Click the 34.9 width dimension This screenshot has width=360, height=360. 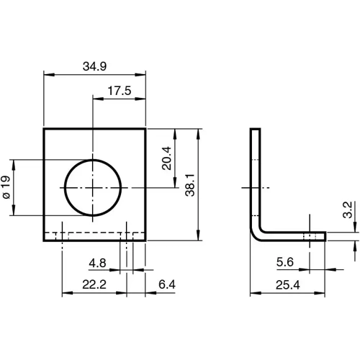pos(94,66)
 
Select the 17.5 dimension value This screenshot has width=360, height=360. pos(119,91)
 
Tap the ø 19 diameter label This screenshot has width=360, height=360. pos(6,186)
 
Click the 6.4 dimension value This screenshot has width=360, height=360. pos(166,285)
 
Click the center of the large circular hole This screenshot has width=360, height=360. pos(94,186)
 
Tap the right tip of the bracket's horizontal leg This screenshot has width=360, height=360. pos(325,236)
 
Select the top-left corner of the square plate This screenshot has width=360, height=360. pos(44,129)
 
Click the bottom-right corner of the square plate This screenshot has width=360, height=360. pos(145,242)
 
